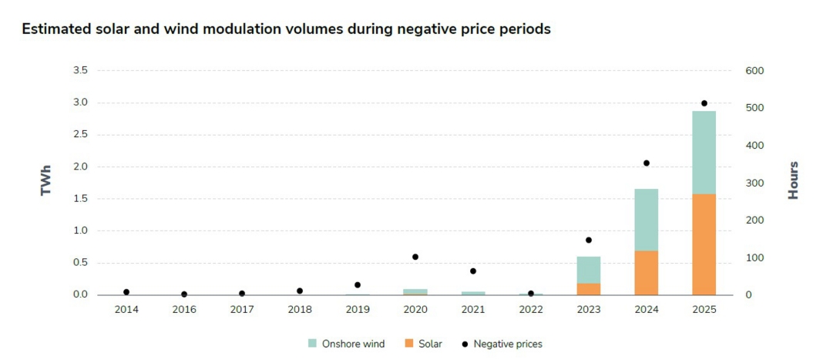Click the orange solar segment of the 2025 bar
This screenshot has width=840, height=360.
[704, 244]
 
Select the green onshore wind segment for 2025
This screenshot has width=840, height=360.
[704, 152]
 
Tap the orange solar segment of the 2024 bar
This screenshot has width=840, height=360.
[646, 273]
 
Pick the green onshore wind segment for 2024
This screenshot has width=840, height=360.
[646, 220]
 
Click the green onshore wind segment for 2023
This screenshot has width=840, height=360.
[588, 270]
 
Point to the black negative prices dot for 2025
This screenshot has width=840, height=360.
[704, 103]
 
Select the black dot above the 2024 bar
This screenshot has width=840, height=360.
[646, 163]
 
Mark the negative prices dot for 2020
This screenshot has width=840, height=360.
[415, 257]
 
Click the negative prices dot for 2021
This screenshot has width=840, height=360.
[473, 271]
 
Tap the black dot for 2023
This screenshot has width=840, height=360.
[588, 241]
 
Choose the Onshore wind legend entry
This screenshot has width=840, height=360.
[346, 344]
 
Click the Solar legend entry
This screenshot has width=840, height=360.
[423, 344]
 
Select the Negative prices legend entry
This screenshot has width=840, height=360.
[501, 344]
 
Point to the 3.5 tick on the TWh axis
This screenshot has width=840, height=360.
[79, 71]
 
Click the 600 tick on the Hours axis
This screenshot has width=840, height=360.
[754, 71]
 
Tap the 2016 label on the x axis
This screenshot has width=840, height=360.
[184, 309]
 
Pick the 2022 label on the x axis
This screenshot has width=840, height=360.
[531, 309]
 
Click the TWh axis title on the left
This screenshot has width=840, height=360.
[46, 183]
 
